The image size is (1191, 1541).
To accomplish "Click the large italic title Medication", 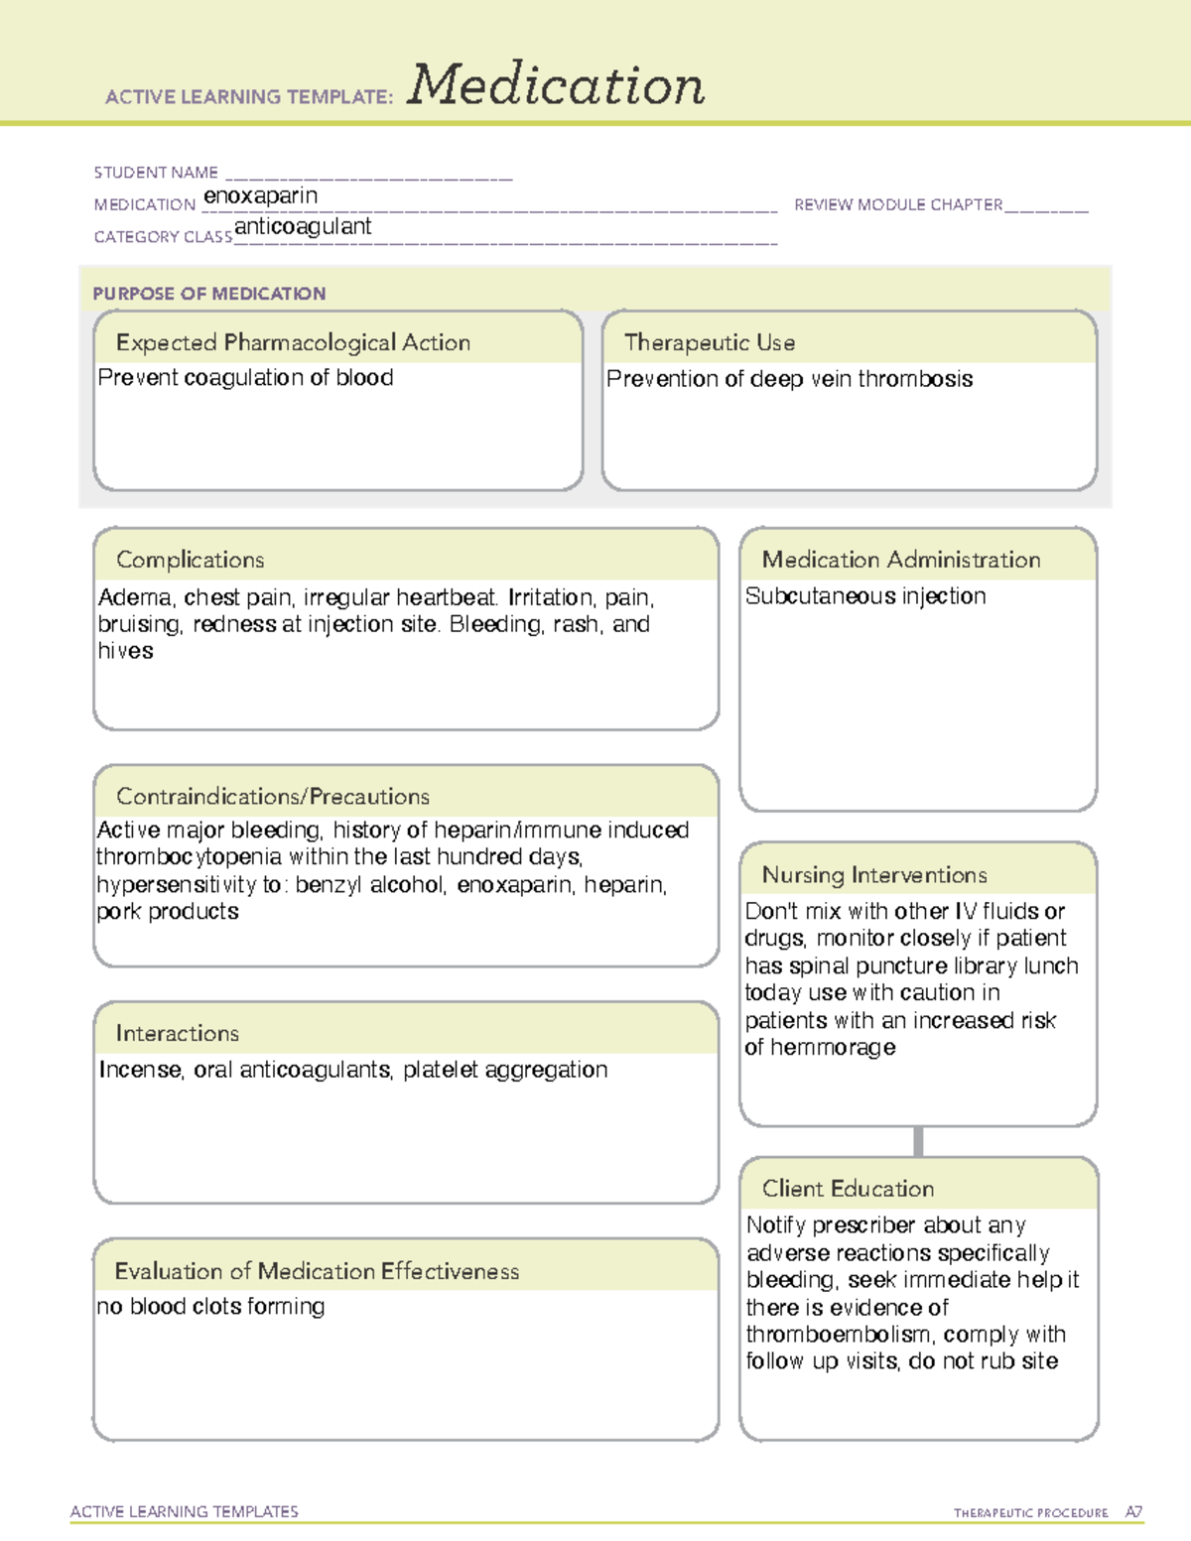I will [x=556, y=85].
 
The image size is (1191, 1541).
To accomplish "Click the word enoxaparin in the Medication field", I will [x=260, y=195].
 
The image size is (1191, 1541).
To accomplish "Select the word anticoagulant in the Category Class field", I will [x=303, y=226].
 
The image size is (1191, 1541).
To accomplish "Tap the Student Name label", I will [x=156, y=173].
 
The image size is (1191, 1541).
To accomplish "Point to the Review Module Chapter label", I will [x=897, y=204].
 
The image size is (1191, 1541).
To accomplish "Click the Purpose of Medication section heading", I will [x=209, y=294].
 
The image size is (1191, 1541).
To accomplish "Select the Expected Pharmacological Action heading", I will [x=293, y=342].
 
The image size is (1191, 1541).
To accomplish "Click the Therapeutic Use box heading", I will [x=710, y=342].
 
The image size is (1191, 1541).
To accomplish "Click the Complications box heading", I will [x=191, y=560].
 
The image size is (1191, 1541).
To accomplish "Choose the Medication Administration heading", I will [x=901, y=560].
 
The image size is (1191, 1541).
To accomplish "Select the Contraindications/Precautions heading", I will [x=273, y=796].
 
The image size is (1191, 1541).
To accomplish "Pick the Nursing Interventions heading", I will [x=874, y=875].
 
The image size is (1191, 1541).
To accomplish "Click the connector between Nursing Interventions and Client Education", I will [x=918, y=1141].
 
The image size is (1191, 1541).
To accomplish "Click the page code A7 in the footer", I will [x=1133, y=1512].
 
